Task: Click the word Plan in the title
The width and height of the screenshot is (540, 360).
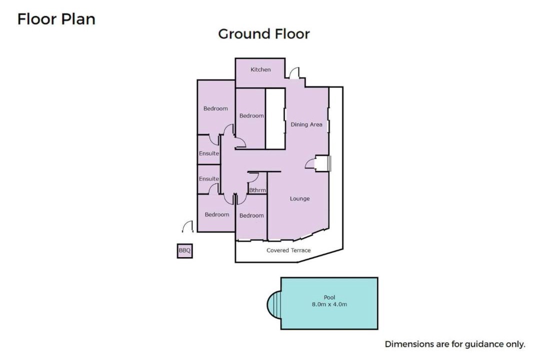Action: [78, 19]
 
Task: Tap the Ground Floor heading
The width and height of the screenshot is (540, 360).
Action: [264, 34]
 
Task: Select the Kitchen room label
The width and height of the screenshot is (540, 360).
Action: [260, 69]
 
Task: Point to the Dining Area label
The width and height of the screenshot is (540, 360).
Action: [306, 124]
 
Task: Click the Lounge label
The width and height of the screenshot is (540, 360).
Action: [299, 198]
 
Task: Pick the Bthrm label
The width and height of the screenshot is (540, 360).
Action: [257, 190]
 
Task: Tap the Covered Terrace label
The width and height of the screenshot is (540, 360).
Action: [288, 250]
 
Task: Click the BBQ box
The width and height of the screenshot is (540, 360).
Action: [184, 251]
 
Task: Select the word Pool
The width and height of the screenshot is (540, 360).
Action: [329, 297]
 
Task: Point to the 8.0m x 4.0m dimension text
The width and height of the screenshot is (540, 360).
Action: [329, 304]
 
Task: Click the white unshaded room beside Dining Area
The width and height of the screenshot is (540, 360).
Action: [275, 119]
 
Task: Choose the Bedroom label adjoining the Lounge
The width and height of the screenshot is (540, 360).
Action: [251, 215]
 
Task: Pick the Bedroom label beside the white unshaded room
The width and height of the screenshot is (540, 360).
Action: [251, 116]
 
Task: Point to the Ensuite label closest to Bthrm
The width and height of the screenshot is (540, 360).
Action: [209, 179]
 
